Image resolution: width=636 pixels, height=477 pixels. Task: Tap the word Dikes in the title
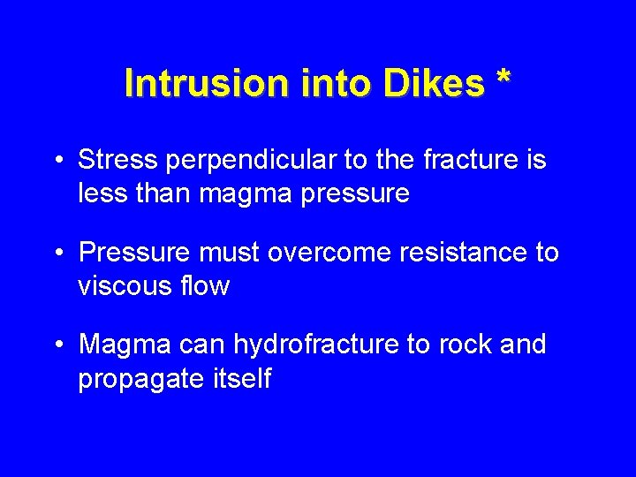coord(434,84)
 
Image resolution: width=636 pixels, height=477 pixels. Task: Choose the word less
coord(101,193)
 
